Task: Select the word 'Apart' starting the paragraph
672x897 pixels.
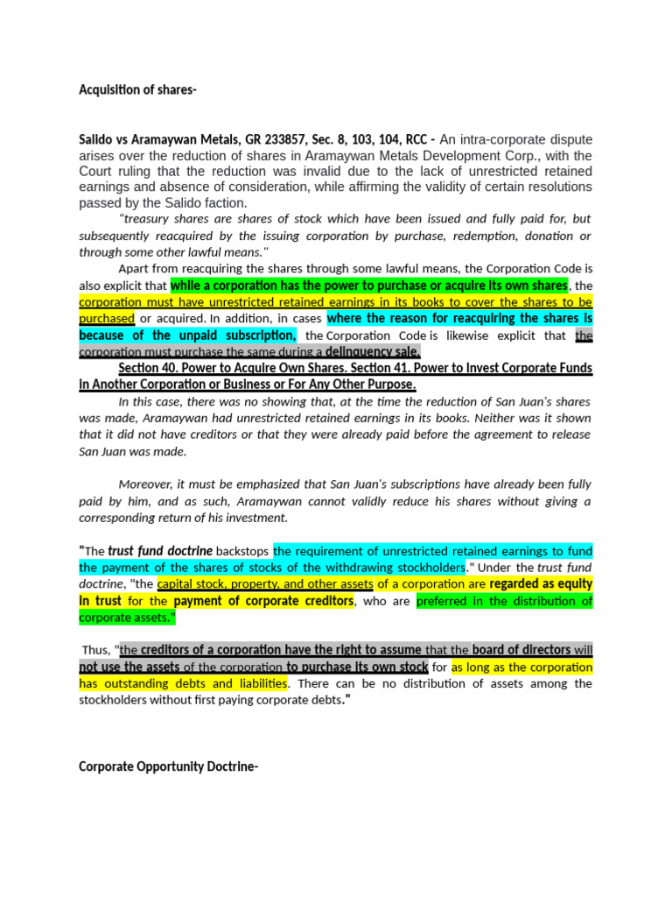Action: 134,269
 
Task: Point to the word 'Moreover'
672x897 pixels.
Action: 146,484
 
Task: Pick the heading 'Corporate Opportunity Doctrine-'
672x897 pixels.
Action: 168,766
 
